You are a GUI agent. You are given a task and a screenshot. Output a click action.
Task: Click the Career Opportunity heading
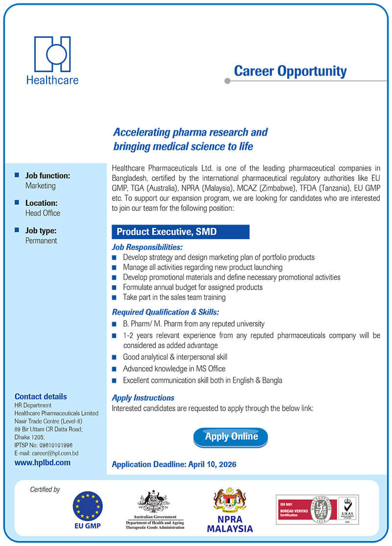click(x=290, y=71)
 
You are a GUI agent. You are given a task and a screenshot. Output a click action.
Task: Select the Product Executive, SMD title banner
click(x=180, y=232)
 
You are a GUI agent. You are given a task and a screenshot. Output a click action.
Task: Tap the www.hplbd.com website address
click(x=42, y=462)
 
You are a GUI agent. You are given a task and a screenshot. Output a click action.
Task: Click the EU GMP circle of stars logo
click(x=88, y=506)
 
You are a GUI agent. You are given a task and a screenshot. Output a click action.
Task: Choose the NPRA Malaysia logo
click(x=230, y=510)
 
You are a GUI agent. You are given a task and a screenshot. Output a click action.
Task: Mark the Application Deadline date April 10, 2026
click(x=212, y=464)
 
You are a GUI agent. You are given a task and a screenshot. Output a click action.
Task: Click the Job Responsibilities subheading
click(x=147, y=247)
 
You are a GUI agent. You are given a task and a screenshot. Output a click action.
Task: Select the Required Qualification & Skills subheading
click(x=165, y=312)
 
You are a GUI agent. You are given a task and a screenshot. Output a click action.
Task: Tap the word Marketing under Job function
click(x=40, y=186)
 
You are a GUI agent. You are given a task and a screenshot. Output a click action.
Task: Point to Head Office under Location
click(x=43, y=213)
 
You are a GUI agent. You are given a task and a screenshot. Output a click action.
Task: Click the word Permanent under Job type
click(x=41, y=241)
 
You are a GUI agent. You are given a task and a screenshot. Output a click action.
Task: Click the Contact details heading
click(x=41, y=397)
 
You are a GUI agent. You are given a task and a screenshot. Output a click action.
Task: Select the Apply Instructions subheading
click(x=143, y=397)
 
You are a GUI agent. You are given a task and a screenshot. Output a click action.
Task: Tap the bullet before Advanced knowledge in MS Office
click(x=114, y=369)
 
